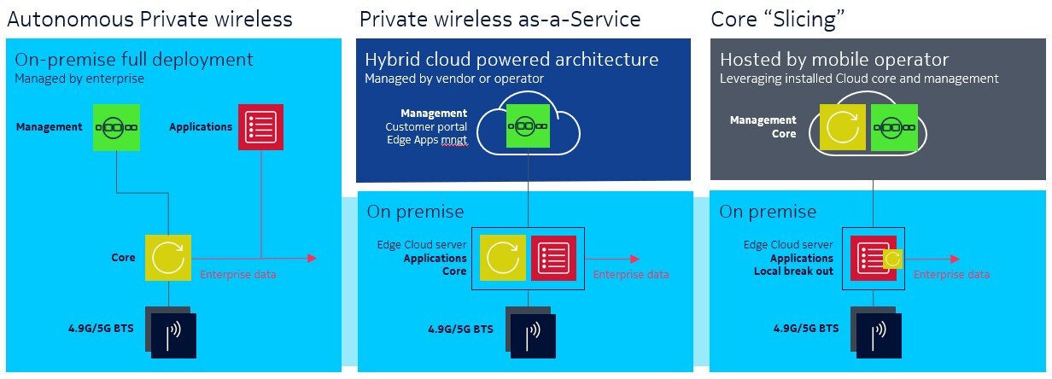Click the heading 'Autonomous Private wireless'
click(x=149, y=20)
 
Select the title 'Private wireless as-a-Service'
click(x=500, y=20)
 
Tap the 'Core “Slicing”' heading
click(x=777, y=20)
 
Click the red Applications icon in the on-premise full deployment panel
click(x=260, y=127)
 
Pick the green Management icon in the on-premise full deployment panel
click(x=116, y=127)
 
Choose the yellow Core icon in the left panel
click(x=168, y=258)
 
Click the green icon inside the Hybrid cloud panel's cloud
click(x=528, y=125)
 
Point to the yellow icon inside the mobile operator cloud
click(x=843, y=127)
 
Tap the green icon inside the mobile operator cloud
click(x=894, y=127)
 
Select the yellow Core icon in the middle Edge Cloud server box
click(x=502, y=258)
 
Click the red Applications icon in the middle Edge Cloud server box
click(x=553, y=258)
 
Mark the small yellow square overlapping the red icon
click(x=892, y=259)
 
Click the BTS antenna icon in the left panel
click(x=171, y=333)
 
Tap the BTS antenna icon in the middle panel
click(x=531, y=333)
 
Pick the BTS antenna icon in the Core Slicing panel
click(x=876, y=333)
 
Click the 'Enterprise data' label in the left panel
click(x=238, y=274)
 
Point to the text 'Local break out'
click(x=793, y=271)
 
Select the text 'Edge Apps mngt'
click(x=427, y=140)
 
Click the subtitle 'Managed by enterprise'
click(x=79, y=79)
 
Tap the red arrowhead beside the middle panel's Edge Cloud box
click(x=635, y=259)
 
